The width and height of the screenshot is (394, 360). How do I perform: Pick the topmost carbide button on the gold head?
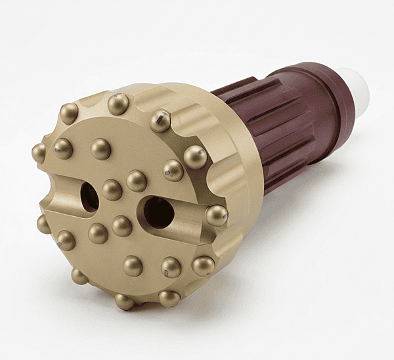[118, 103]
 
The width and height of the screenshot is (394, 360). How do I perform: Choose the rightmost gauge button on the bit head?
[216, 215]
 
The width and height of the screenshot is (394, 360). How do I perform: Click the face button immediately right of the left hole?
[112, 190]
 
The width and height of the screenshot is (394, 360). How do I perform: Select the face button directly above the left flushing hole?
[100, 149]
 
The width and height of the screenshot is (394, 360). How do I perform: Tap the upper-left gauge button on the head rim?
[69, 113]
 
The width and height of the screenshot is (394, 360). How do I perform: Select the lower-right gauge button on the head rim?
[203, 265]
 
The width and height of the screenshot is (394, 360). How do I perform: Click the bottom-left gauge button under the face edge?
[79, 276]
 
